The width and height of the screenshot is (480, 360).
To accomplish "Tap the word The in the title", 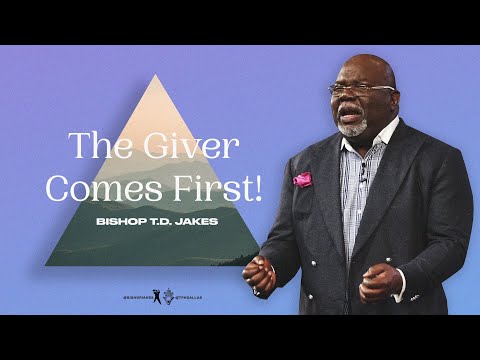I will pos(99,149).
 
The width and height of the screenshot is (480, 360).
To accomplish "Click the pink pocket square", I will pos(302,179).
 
